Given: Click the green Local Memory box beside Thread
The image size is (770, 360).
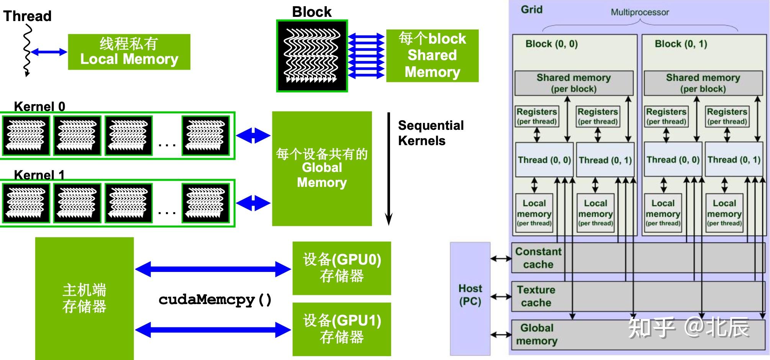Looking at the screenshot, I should (x=129, y=52).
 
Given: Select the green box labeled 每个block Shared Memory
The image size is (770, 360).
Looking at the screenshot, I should (x=432, y=56).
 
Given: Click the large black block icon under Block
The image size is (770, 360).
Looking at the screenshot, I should (x=312, y=56).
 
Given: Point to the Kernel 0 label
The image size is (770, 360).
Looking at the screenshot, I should (x=39, y=106).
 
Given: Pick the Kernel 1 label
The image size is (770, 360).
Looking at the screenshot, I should (x=39, y=175).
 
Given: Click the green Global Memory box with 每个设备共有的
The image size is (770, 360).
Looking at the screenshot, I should (x=322, y=169).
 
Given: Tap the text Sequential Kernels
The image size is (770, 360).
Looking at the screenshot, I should (x=430, y=133).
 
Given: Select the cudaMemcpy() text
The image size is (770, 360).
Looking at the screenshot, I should (x=215, y=299).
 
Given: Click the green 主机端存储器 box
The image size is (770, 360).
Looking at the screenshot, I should (x=84, y=298).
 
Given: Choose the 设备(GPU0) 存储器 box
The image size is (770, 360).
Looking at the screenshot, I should (x=342, y=268).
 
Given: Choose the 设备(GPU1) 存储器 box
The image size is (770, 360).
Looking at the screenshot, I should (x=342, y=329).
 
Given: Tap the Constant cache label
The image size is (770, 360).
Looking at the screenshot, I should (x=538, y=258).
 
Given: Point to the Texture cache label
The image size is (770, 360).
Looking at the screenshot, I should (x=536, y=296).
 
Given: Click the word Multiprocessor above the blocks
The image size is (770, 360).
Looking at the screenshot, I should (x=639, y=12).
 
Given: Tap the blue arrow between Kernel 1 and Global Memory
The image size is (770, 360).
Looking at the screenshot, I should (x=253, y=203).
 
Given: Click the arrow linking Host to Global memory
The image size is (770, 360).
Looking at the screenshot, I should (x=501, y=335).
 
